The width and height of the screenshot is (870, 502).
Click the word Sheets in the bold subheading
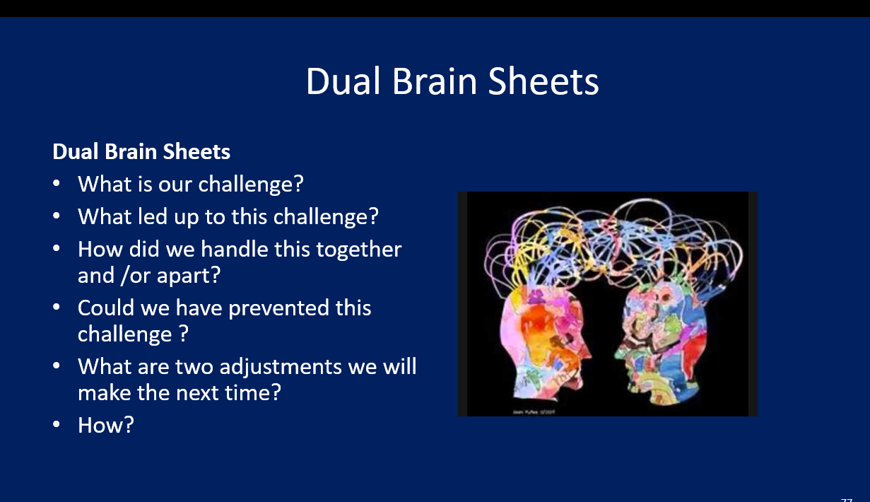(x=201, y=151)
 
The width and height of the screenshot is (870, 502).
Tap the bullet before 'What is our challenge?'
(x=57, y=183)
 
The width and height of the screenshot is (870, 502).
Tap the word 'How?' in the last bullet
(x=105, y=425)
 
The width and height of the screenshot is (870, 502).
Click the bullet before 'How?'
(x=57, y=425)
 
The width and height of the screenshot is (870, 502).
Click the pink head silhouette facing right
(x=541, y=346)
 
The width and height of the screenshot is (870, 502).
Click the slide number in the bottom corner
(x=847, y=498)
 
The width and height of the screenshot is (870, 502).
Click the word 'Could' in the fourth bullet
(x=107, y=308)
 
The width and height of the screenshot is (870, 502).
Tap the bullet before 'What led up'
(x=57, y=216)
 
